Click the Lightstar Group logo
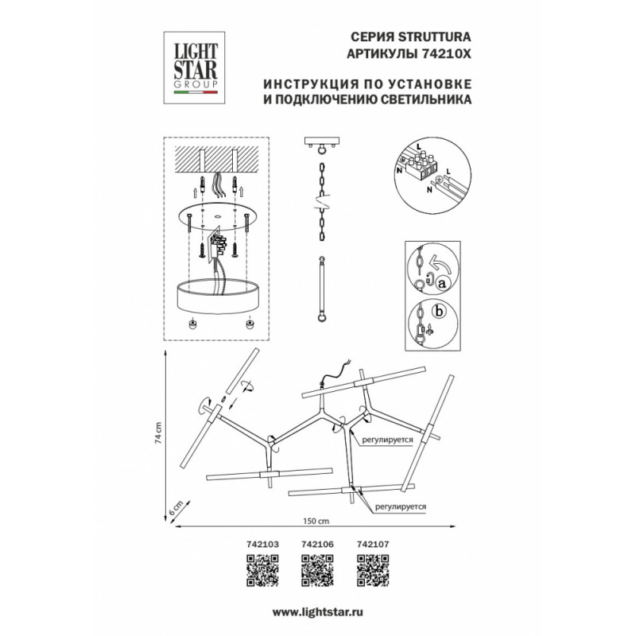coord(194,67)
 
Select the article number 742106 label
coord(316,545)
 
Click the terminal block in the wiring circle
coord(422,164)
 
